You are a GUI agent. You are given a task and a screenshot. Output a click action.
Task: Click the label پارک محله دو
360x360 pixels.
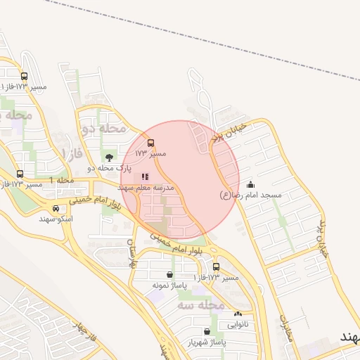109,168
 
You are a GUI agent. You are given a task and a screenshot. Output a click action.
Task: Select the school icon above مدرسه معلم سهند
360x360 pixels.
145,177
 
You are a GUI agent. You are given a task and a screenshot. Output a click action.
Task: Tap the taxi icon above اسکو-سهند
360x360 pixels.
56,208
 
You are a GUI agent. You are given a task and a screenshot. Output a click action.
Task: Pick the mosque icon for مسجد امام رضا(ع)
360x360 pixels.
251,184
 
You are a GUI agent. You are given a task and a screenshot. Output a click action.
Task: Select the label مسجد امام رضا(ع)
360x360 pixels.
250,195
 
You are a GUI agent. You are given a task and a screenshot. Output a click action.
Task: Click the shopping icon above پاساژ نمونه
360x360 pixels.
170,275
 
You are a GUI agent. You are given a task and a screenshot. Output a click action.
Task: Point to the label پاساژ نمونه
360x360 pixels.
169,286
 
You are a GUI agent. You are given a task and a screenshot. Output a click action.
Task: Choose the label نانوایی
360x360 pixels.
238,325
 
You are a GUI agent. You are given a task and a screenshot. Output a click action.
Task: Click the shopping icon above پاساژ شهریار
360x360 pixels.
206,331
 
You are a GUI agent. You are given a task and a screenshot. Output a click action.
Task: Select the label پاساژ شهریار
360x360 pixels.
206,342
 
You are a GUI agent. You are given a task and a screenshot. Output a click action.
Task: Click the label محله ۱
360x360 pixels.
62,181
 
